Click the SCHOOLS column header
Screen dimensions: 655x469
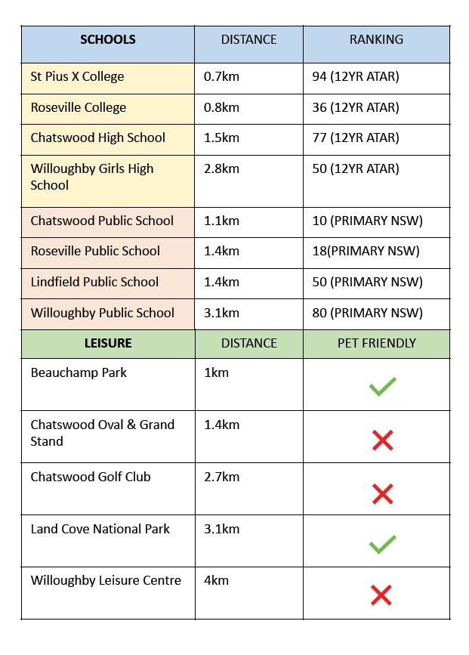coord(107,40)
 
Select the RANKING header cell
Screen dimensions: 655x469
coord(376,40)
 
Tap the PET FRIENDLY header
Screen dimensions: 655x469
coord(376,343)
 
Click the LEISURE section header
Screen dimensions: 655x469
coord(107,343)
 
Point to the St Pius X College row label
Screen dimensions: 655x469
coord(77,77)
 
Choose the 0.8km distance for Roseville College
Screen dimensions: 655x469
coord(221,107)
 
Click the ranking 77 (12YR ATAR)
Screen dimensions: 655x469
coord(355,138)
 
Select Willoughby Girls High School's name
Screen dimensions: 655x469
coord(91,177)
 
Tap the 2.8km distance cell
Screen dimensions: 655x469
coord(221,168)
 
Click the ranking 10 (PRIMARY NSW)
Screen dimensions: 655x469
coord(367,221)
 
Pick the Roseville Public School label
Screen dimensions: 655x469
coord(95,251)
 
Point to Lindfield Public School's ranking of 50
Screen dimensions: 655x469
coord(367,282)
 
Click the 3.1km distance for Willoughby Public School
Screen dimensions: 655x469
coord(221,313)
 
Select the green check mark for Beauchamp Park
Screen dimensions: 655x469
coord(382,388)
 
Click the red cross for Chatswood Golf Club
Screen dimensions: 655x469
coord(382,494)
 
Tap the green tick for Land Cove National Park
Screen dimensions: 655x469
coord(382,544)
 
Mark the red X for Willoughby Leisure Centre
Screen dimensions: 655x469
coord(382,596)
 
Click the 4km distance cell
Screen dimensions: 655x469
coord(215,581)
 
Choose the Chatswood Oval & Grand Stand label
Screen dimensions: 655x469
coord(102,433)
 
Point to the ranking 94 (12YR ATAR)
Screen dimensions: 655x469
coord(355,77)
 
